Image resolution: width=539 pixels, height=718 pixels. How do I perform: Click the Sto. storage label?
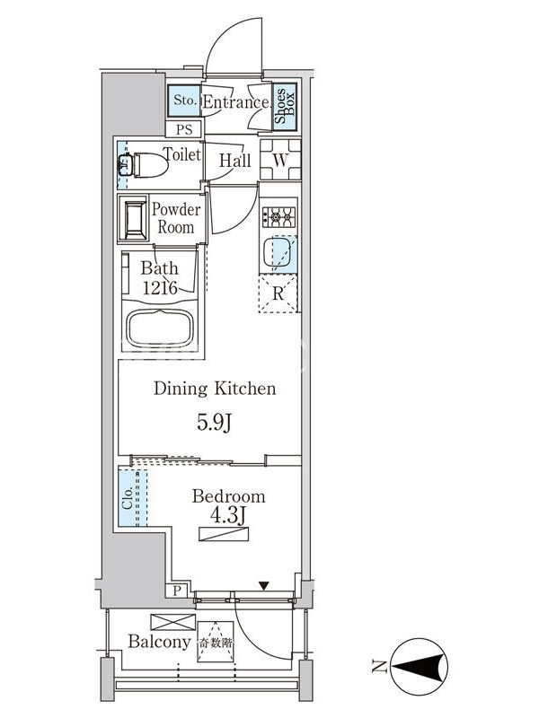(185, 101)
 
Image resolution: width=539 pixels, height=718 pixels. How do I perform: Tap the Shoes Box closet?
(285, 106)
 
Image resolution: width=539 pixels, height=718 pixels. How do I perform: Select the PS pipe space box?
(184, 129)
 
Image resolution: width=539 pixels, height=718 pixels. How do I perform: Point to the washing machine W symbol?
(280, 160)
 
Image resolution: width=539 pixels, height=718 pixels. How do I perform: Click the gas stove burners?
(278, 216)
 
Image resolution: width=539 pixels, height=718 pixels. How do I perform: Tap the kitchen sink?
(278, 252)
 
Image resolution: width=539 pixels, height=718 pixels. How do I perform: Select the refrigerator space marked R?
(278, 293)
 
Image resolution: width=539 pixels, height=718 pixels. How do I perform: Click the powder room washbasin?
(133, 218)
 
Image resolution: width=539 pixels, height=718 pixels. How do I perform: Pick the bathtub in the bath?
(160, 328)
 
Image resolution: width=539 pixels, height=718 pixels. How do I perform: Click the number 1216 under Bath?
(160, 288)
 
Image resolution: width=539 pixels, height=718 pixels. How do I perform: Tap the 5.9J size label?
(214, 423)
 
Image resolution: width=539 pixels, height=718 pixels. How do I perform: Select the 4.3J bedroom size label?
(228, 515)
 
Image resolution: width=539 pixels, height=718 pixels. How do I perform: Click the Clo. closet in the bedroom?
(133, 497)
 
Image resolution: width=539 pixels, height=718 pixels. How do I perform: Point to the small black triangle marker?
(263, 585)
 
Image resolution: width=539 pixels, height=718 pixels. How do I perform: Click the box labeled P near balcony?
(177, 591)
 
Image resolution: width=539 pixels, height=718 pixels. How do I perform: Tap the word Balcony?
(159, 642)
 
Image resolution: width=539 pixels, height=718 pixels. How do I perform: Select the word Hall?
(234, 161)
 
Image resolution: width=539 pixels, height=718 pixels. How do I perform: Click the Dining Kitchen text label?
(215, 389)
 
